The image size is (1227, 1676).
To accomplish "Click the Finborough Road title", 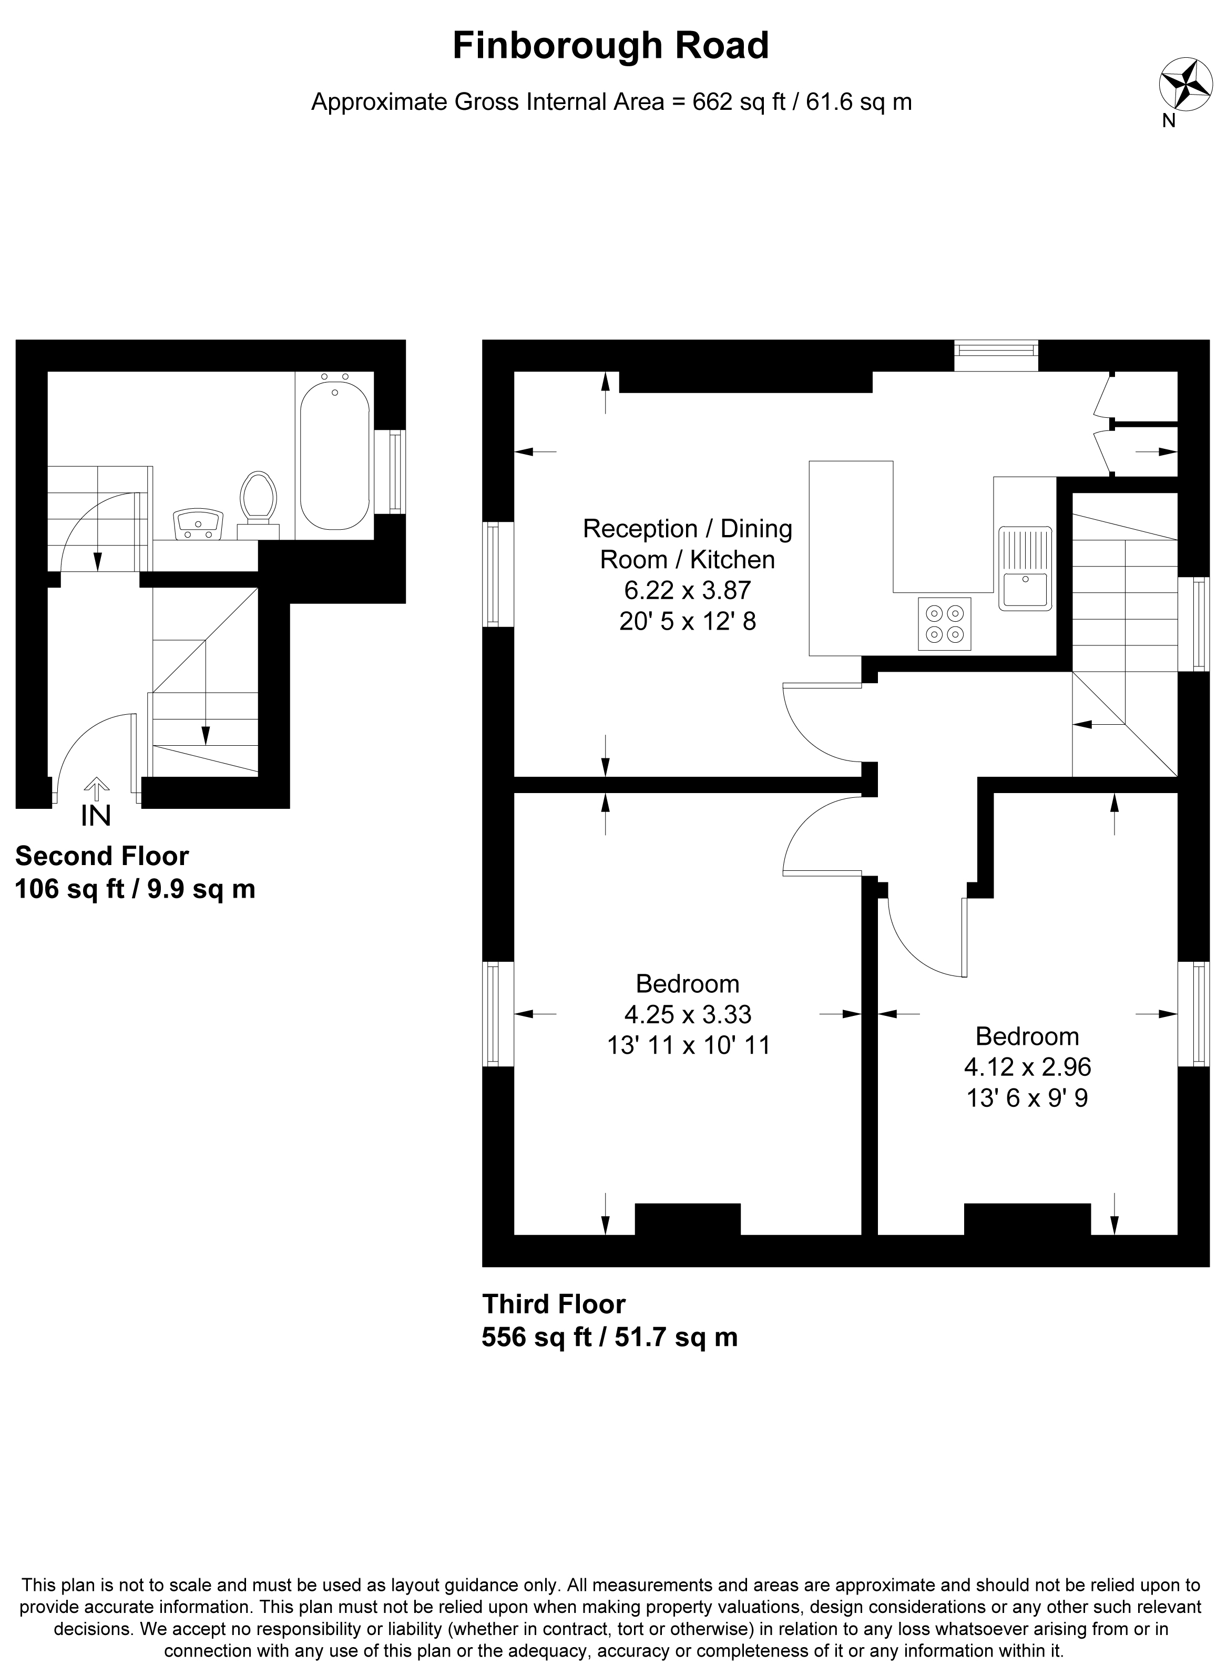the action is [610, 46].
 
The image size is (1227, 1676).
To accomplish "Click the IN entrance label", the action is [96, 816].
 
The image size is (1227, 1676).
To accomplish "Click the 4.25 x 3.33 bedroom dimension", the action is [688, 1014].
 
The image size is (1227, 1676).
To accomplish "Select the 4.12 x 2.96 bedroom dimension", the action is [1027, 1066].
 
